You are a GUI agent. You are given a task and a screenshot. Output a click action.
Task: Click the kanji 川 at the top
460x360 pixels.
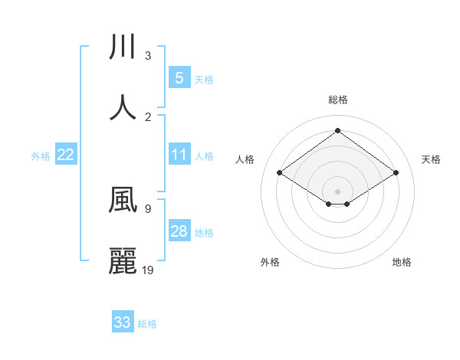tap(123, 47)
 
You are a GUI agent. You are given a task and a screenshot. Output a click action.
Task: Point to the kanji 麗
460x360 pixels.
tap(123, 260)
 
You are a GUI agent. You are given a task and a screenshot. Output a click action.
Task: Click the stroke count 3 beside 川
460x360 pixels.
tap(148, 56)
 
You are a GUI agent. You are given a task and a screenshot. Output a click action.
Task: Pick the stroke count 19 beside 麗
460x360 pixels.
tap(148, 270)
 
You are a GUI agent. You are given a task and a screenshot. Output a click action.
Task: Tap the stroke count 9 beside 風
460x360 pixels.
tap(148, 208)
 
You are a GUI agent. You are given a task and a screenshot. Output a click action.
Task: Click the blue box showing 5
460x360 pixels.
tap(179, 77)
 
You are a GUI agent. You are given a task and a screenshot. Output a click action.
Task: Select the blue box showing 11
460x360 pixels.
tap(179, 155)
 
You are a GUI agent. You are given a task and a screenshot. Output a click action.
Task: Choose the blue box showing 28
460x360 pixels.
tap(179, 231)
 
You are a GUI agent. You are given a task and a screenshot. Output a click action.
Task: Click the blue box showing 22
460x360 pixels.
tap(66, 155)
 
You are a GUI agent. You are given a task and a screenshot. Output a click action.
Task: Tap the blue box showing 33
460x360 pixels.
tap(123, 322)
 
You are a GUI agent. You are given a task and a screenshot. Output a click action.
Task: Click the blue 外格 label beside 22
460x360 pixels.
tap(41, 155)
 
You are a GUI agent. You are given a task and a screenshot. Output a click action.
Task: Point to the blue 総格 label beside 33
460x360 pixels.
tap(147, 323)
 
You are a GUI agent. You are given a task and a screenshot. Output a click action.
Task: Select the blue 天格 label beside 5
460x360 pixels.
tap(204, 78)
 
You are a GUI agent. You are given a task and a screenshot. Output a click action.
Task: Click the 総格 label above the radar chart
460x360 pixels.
tap(337, 100)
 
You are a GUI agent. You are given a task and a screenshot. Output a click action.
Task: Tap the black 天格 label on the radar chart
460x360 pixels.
tap(431, 159)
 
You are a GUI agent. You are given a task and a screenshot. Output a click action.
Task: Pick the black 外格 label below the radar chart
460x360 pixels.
tap(270, 262)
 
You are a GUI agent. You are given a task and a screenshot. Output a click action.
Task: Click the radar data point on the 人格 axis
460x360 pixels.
tap(280, 173)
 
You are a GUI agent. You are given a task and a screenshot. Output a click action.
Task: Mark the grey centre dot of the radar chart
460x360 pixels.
tap(338, 191)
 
